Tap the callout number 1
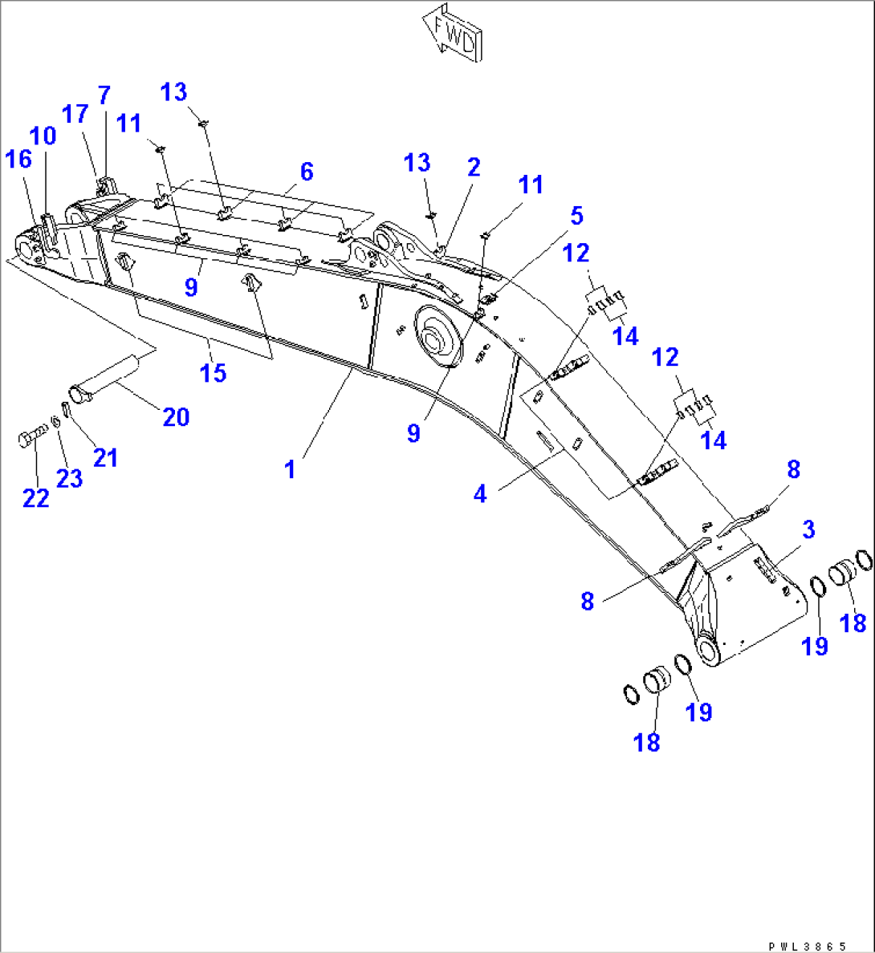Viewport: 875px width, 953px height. tap(291, 469)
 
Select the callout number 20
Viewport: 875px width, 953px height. tap(176, 416)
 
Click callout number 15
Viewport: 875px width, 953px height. tap(214, 373)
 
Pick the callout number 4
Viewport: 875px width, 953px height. tap(480, 493)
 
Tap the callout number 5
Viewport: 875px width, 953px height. tap(576, 216)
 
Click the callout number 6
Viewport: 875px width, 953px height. tap(306, 172)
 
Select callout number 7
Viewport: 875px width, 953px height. tap(104, 95)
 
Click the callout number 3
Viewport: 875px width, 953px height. tap(808, 529)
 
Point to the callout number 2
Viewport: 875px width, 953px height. tap(474, 167)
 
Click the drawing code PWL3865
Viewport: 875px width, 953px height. tap(808, 947)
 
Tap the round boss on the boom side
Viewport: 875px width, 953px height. tap(437, 337)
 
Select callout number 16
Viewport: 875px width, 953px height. tap(18, 159)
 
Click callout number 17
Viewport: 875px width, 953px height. tap(75, 114)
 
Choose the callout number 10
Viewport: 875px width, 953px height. tap(43, 136)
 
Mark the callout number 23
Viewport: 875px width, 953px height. tap(70, 478)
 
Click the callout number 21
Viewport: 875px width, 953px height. tap(105, 457)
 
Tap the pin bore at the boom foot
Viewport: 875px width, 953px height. tap(709, 651)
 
